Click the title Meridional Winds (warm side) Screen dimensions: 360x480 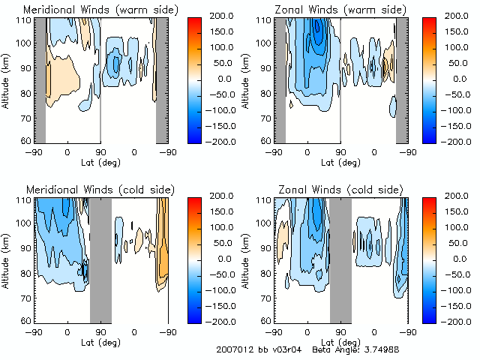click(90, 10)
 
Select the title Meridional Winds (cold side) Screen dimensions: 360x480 click(89, 190)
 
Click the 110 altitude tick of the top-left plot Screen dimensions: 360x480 click(25, 19)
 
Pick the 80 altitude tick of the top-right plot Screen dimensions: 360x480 click(267, 92)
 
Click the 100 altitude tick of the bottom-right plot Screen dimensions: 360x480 click(265, 224)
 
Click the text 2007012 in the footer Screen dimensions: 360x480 click(232, 349)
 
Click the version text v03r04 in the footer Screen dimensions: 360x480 click(282, 349)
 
